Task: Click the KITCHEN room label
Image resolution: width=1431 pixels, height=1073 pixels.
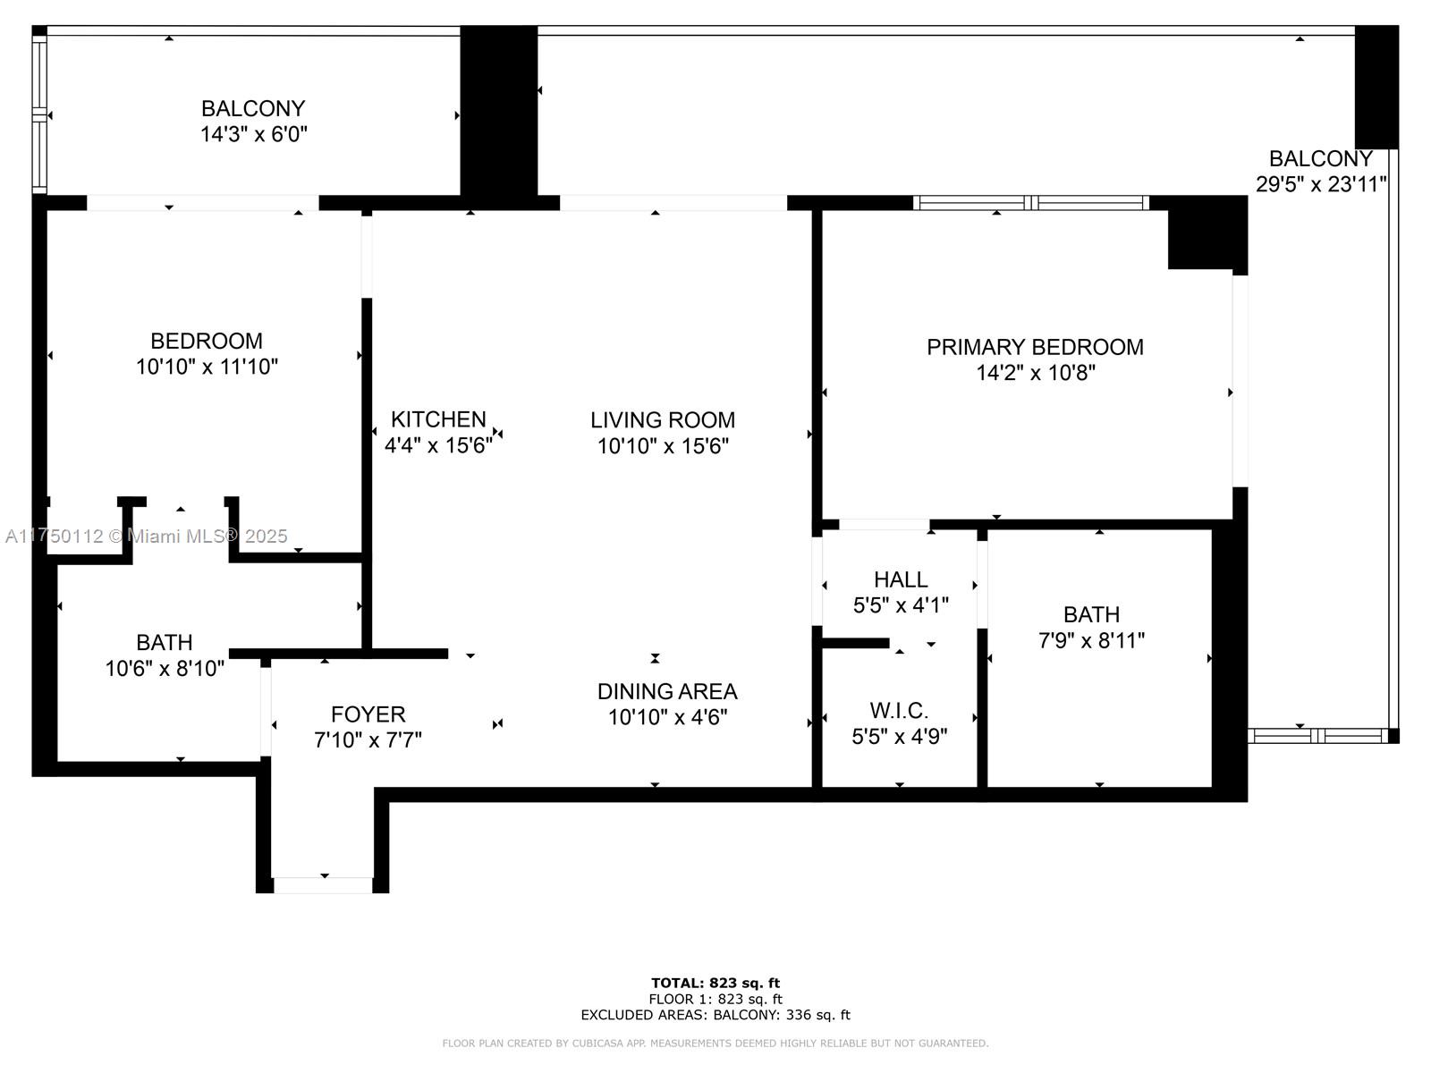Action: pos(438,418)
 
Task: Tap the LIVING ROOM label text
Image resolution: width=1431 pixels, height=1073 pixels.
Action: pos(663,419)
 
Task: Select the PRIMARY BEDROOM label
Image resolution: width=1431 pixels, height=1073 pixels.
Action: pos(1035,347)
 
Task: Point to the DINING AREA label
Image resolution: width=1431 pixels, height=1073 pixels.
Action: pos(667,691)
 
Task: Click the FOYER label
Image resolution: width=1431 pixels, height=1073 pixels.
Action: pos(368,714)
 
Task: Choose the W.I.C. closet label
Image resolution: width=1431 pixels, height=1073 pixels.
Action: pos(898,710)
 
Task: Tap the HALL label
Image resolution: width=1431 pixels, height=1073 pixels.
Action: pos(901,579)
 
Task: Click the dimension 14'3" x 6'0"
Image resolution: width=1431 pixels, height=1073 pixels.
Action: pos(253,134)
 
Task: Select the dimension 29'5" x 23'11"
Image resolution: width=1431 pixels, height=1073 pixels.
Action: pos(1321,184)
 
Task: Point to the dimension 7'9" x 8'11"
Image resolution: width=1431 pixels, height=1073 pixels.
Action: pos(1090,640)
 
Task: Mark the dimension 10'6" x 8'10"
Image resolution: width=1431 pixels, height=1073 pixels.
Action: pos(165,669)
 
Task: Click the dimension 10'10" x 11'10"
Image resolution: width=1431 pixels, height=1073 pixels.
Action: pos(207,367)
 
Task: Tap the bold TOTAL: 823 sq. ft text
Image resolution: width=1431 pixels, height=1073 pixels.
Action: pos(715,983)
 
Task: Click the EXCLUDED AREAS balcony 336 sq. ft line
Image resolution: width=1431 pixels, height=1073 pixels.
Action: pos(715,1014)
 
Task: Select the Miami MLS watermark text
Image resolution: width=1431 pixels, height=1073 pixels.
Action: pos(146,536)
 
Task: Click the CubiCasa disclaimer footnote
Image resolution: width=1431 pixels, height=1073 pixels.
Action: pos(715,1043)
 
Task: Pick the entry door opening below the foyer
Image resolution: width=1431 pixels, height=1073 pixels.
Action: pos(324,884)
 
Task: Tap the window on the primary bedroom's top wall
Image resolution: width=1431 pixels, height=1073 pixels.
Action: pos(1030,203)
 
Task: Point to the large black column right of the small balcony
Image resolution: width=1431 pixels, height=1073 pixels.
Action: pos(499,111)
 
